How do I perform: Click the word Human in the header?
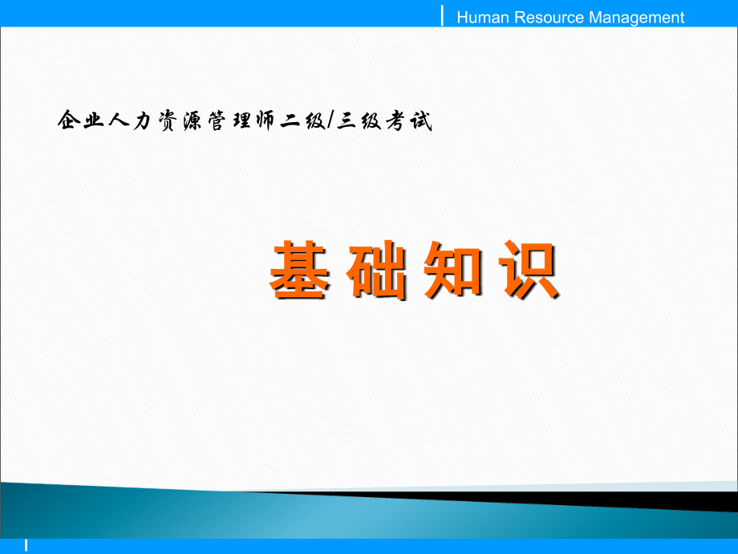(483, 18)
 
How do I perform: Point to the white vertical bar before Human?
(442, 15)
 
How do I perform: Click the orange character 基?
(298, 270)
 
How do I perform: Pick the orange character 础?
(376, 270)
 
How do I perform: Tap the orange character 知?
(452, 270)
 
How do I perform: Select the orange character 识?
(529, 270)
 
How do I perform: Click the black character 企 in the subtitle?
(69, 120)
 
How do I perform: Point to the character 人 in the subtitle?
(119, 120)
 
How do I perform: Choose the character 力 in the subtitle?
(142, 120)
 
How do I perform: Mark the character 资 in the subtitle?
(168, 120)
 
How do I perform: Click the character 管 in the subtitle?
(217, 120)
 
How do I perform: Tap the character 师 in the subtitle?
(266, 120)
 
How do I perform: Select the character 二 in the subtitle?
(290, 121)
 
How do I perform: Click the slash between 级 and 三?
(330, 120)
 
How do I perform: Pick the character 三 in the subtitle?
(346, 120)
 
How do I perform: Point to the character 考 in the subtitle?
(395, 120)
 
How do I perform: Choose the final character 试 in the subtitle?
(421, 120)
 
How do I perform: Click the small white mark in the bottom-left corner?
(26, 545)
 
